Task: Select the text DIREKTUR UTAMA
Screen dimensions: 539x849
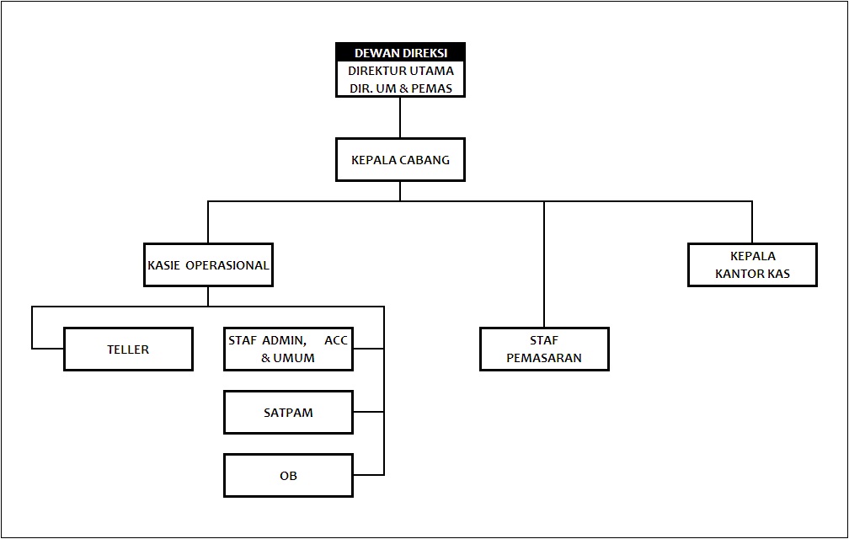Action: click(x=400, y=71)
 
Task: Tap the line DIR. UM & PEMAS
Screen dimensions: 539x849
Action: click(x=400, y=88)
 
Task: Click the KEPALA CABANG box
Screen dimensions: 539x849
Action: click(x=400, y=159)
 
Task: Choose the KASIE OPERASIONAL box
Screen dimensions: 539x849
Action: click(x=208, y=264)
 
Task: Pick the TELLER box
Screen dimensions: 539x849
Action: click(x=128, y=349)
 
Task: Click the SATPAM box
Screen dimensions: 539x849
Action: click(x=288, y=412)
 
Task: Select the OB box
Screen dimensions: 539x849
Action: click(x=288, y=476)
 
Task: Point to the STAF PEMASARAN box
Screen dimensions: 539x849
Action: click(x=544, y=349)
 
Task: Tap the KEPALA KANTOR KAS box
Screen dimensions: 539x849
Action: click(x=752, y=264)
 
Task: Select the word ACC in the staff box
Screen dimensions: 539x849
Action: click(x=336, y=340)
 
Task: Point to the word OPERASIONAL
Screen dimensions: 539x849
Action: click(x=227, y=264)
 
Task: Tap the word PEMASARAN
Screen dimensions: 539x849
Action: click(x=544, y=358)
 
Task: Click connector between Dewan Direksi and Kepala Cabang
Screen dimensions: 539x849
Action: click(x=400, y=117)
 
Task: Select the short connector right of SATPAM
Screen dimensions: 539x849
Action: click(x=368, y=412)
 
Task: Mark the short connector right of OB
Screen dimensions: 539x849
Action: click(x=368, y=476)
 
